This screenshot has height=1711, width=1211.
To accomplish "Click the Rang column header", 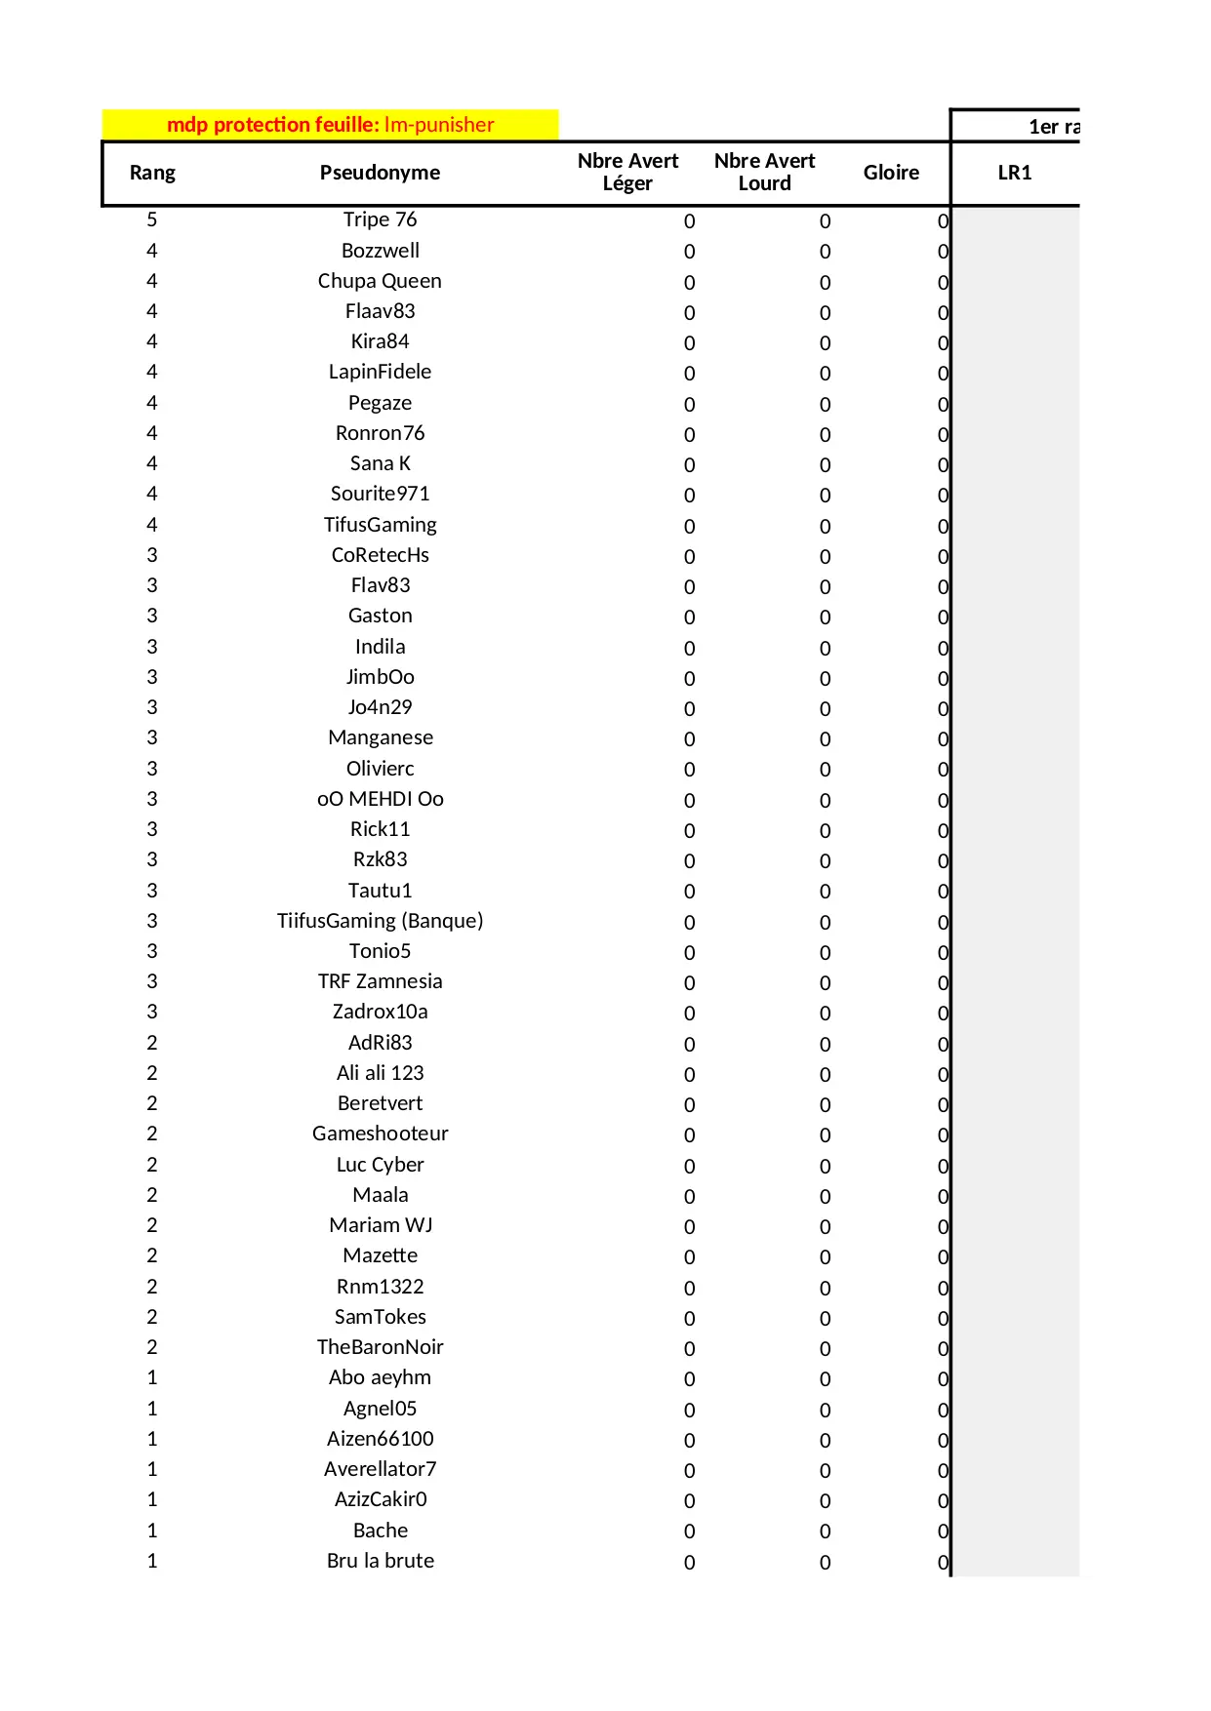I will pos(152,173).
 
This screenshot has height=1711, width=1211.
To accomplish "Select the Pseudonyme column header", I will pos(380,173).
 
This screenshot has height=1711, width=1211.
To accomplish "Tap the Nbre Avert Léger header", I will pos(627,172).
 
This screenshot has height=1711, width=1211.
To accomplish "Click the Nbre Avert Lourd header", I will pos(764,172).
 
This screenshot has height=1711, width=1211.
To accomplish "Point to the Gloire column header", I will pos(891,173).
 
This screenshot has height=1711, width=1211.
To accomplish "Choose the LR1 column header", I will pos(1015,173).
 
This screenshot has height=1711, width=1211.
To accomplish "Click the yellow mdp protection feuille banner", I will pos(331,125).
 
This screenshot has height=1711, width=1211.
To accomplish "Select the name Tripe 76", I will pos(380,219).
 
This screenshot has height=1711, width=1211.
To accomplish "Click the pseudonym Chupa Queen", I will pos(380,281).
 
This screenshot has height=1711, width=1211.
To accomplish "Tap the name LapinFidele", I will pos(380,372).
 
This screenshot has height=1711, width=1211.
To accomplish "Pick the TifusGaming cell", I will pos(380,525).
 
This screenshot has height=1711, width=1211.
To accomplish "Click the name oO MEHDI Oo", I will pos(380,799).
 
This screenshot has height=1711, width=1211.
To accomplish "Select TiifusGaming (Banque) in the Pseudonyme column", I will pos(380,921).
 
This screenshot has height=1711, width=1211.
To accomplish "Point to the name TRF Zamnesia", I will pos(380,981).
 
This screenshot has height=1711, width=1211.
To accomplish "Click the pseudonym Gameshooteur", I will pos(380,1134).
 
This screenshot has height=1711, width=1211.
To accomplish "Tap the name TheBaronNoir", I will pos(380,1347).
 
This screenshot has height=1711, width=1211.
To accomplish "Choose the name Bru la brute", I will pos(380,1561).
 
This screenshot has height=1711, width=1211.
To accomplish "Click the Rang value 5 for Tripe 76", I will pos(152,219).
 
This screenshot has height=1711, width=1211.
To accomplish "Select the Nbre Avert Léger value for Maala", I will pos(689,1197).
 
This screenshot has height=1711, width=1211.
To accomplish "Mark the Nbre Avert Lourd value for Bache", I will pos(825,1532).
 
